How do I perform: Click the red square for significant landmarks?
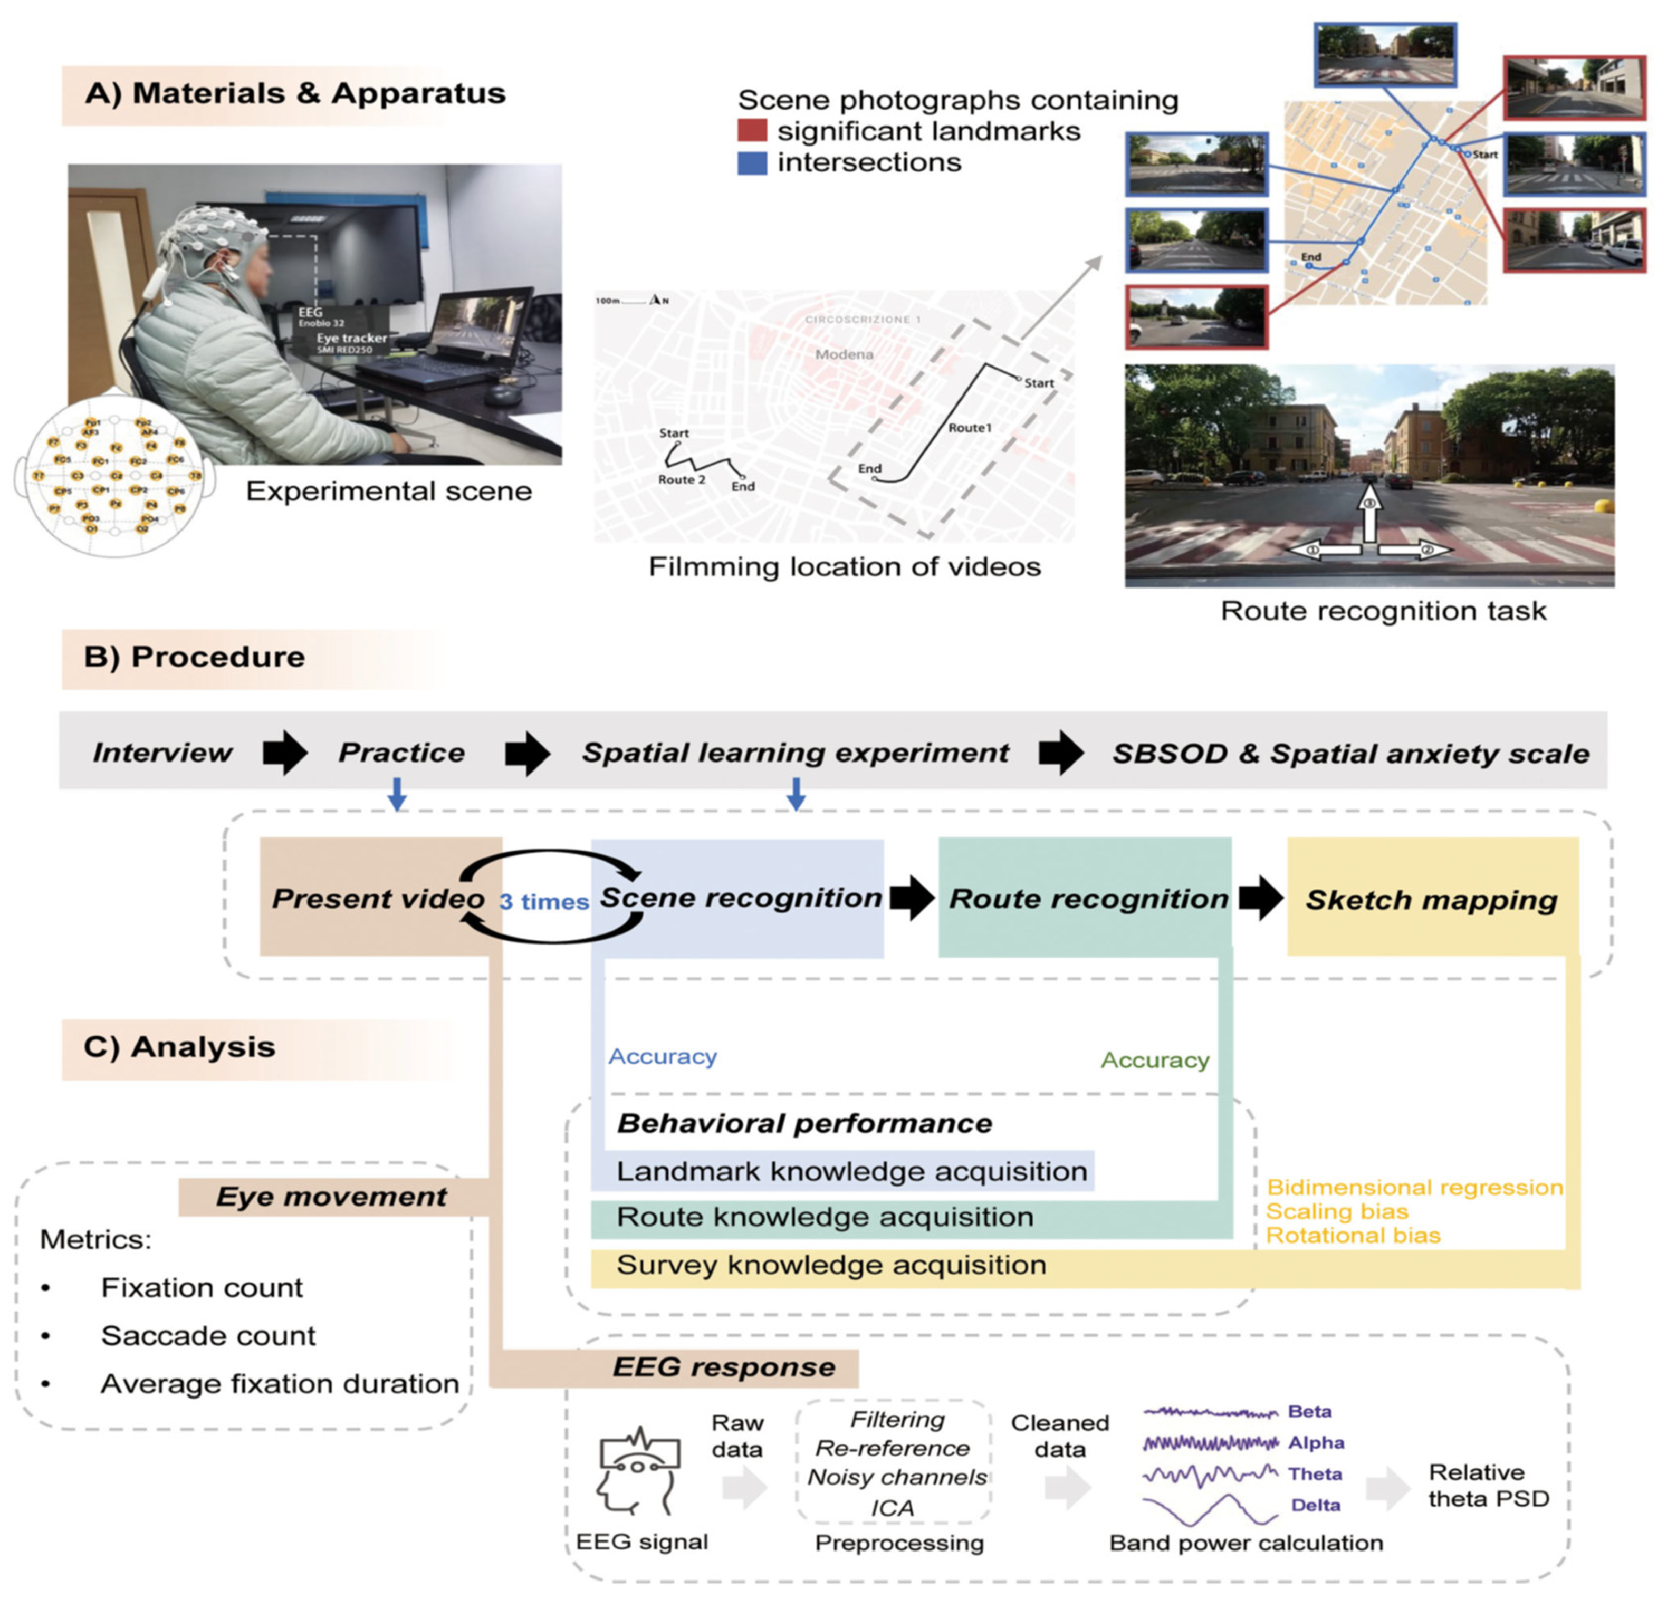click(x=752, y=130)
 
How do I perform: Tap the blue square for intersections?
click(x=752, y=162)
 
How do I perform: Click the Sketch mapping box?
click(x=1432, y=899)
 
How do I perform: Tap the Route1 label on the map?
click(x=970, y=428)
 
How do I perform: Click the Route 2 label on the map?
click(x=681, y=479)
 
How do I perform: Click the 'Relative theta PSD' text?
click(x=1488, y=1485)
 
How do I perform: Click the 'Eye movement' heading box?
click(x=332, y=1196)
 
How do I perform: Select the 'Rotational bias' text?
click(x=1353, y=1235)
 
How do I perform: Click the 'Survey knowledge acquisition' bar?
click(x=831, y=1265)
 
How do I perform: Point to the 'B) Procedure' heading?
click(x=195, y=657)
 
